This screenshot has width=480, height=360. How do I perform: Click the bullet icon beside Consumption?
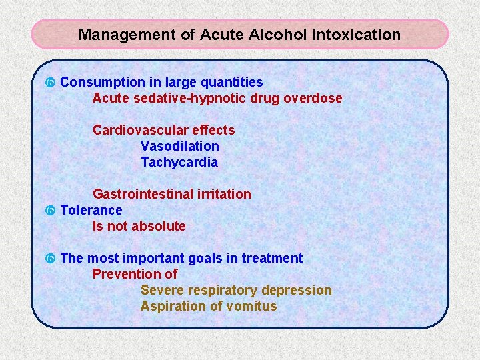point(49,83)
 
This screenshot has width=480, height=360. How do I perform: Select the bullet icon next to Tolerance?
point(49,211)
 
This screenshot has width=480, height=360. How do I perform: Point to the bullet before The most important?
point(49,259)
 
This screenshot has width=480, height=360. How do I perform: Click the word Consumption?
point(102,82)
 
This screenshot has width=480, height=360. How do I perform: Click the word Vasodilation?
point(179,146)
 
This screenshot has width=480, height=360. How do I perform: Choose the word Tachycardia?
point(179,162)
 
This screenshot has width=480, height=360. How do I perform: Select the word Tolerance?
point(91,210)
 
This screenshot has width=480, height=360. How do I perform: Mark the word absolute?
point(159,226)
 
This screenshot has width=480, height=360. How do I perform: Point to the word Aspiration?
point(170,306)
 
